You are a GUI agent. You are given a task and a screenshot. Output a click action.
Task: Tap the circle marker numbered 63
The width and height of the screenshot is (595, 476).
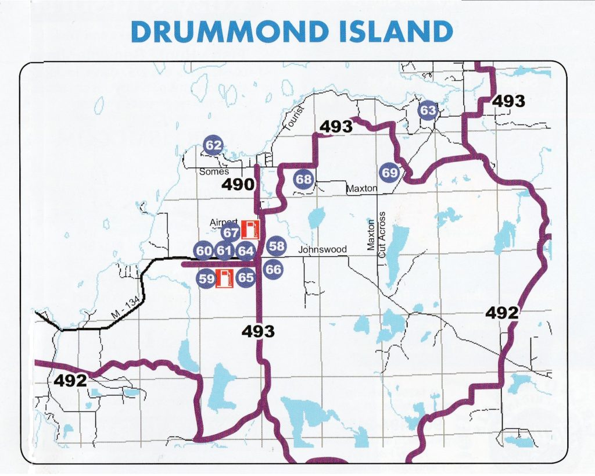428,110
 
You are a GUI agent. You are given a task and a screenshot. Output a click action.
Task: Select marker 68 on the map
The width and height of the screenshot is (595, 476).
304,179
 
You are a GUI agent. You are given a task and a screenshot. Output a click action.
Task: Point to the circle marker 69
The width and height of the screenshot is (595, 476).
390,173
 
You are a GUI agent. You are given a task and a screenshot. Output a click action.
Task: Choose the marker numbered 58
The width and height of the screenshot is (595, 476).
277,246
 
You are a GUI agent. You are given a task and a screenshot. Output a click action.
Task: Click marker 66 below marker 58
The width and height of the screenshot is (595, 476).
273,269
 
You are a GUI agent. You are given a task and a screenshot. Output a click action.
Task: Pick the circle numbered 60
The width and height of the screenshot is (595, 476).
203,251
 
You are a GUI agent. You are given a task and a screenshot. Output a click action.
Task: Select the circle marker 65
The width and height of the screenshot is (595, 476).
246,277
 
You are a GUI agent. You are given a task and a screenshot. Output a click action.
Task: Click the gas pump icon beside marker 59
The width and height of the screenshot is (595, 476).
224,278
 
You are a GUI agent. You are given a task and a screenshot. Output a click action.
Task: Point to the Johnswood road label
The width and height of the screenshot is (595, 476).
322,250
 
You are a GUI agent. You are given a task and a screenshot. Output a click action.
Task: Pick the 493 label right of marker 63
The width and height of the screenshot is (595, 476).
508,101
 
